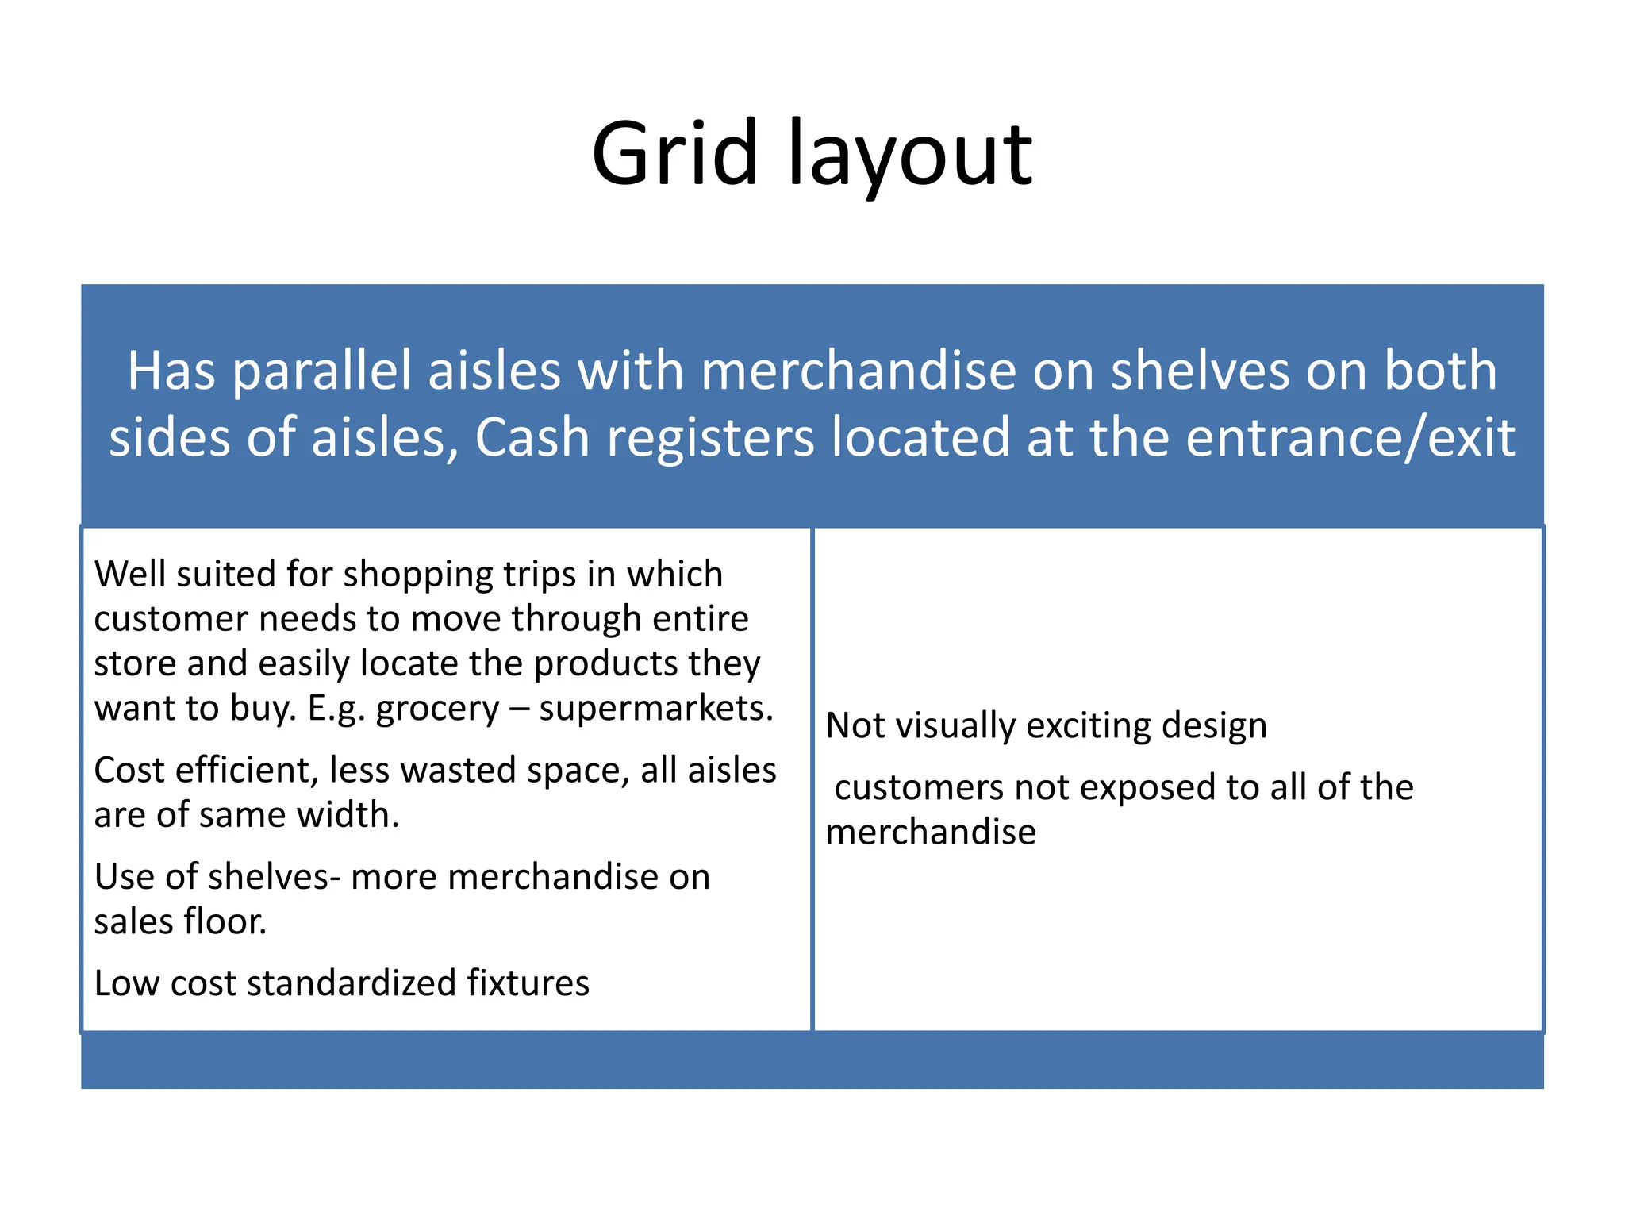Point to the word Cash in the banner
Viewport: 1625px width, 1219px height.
(532, 438)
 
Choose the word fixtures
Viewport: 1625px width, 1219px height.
(528, 983)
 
